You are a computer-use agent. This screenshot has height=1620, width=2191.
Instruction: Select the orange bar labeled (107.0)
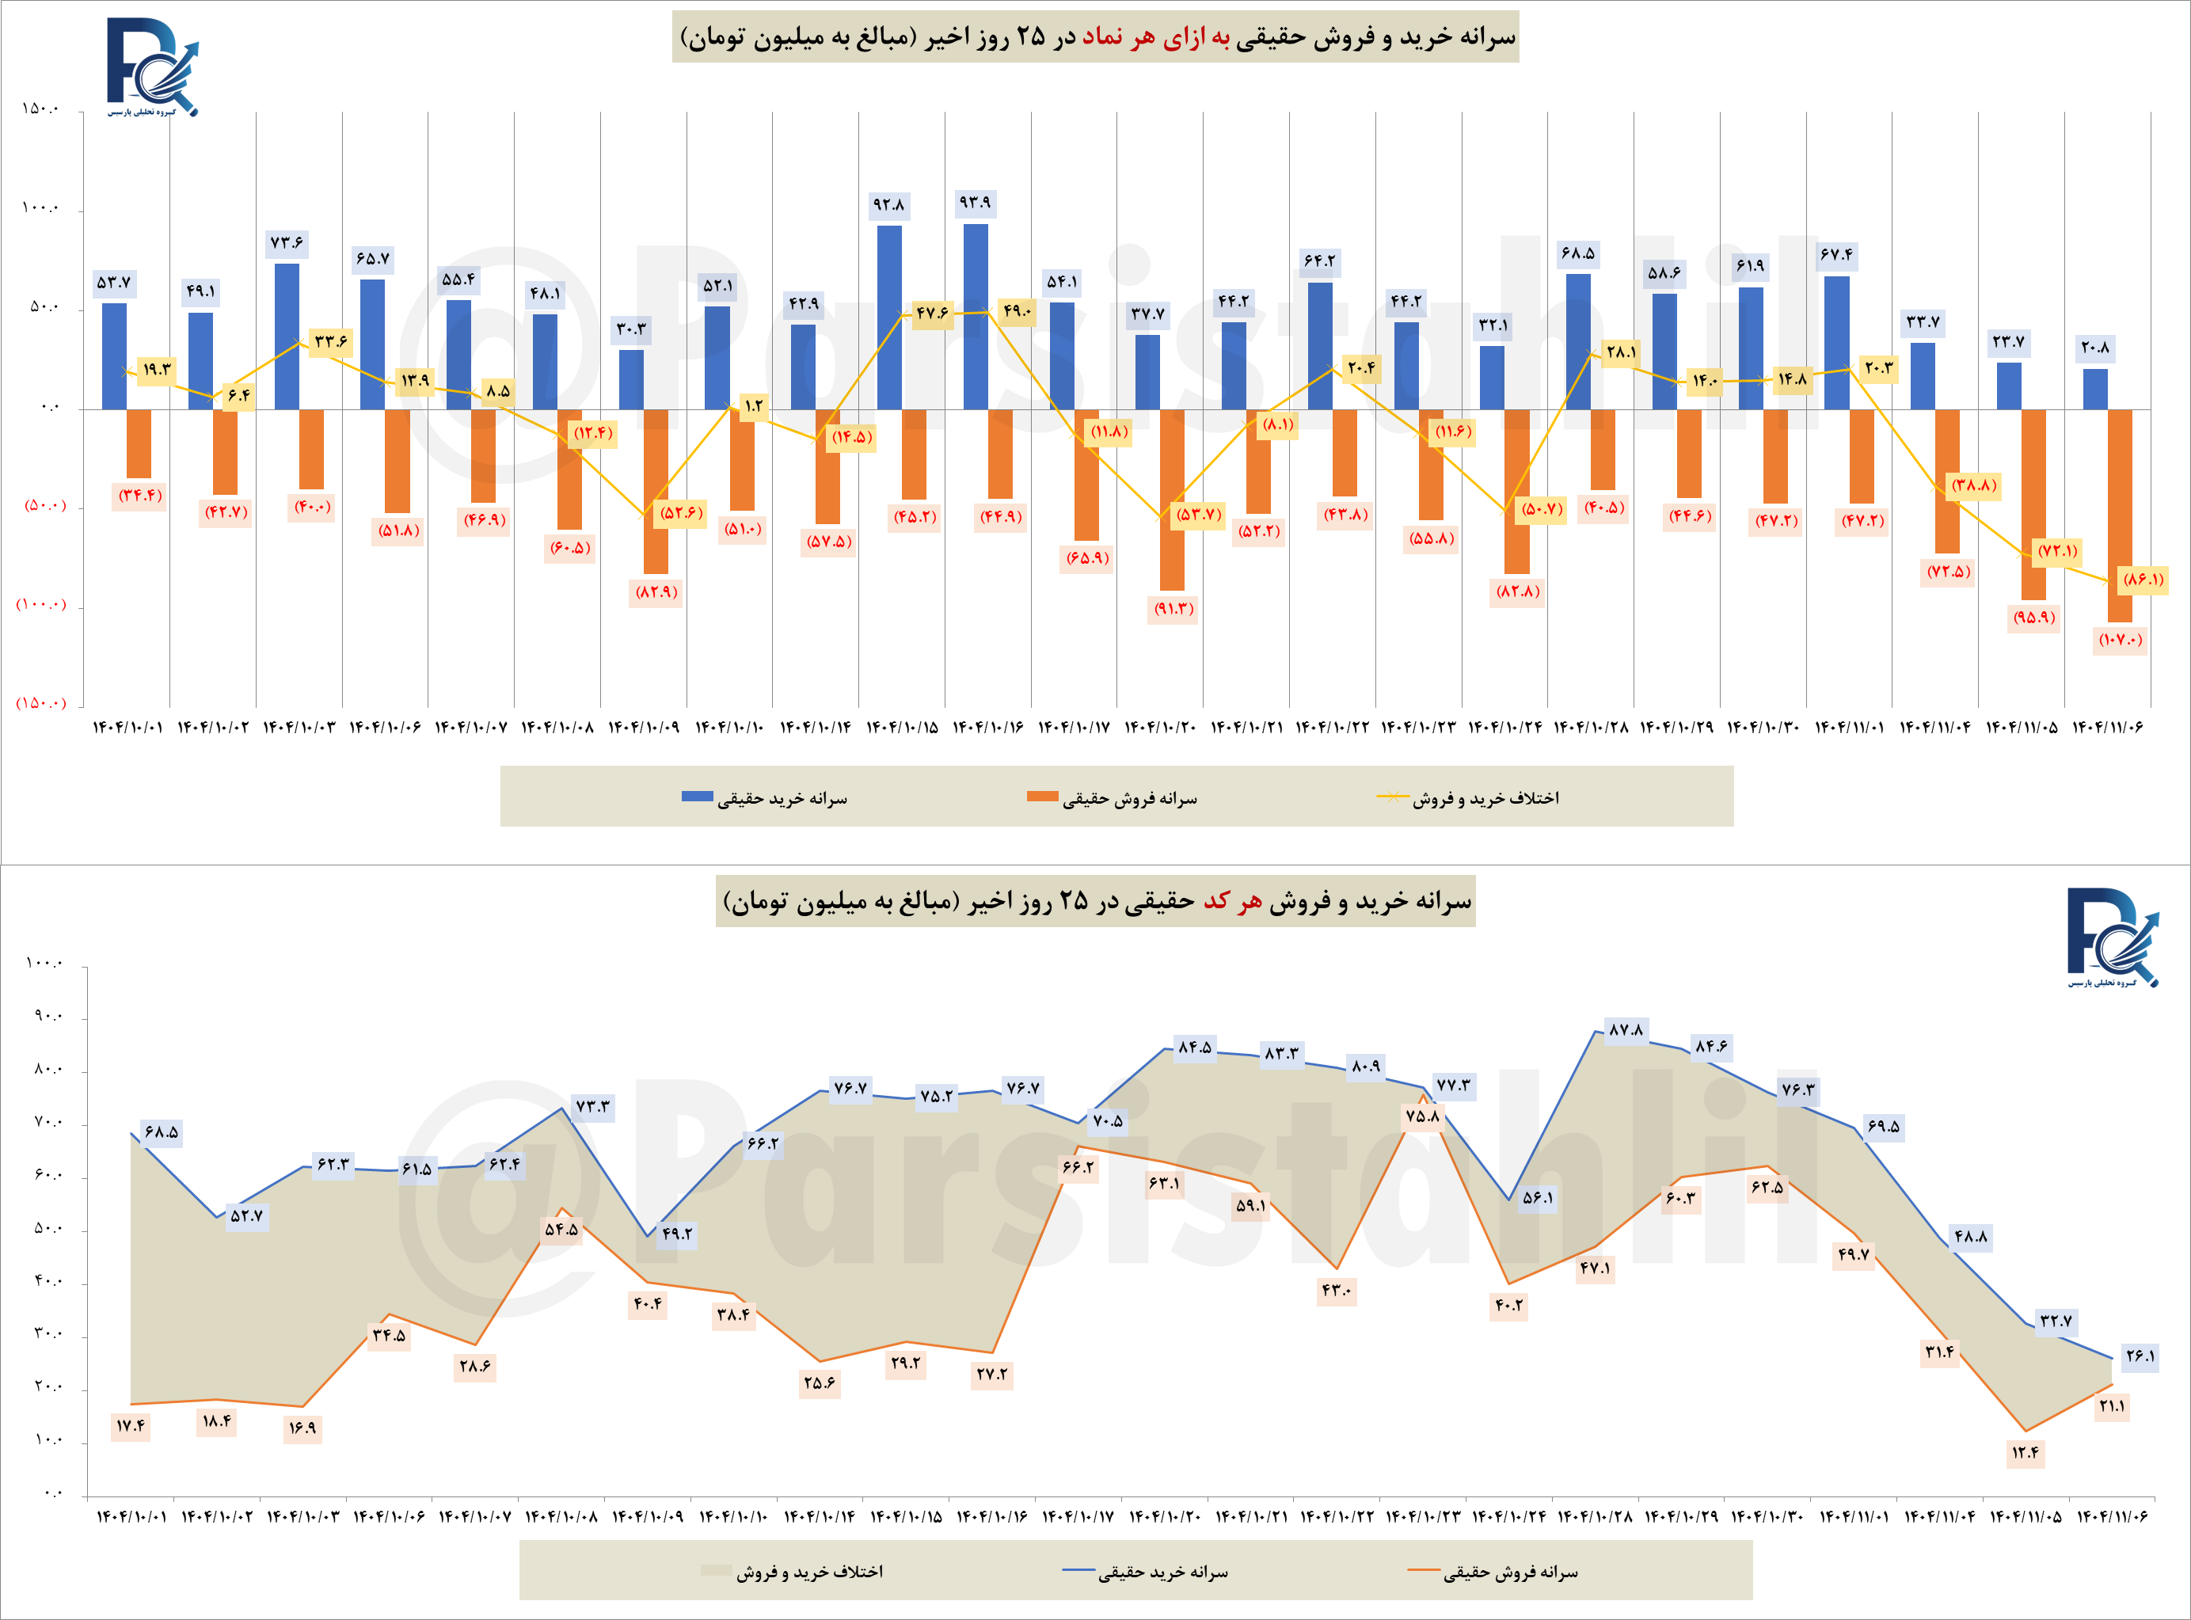point(2120,515)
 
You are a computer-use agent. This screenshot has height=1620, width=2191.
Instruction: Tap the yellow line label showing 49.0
point(1017,312)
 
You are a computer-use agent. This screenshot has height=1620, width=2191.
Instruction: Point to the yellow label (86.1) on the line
point(2142,580)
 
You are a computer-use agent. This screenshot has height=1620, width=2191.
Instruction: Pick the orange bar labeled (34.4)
point(139,443)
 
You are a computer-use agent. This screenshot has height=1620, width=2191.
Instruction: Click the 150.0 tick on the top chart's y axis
point(40,108)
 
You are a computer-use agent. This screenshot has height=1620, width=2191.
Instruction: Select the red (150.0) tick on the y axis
point(40,703)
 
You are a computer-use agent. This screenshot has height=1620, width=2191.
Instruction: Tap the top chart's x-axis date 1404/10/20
point(1160,728)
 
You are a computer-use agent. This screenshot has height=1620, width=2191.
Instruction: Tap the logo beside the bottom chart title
point(2113,937)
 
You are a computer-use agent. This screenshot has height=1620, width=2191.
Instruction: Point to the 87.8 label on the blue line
point(1625,1029)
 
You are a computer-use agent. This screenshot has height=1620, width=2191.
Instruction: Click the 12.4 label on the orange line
point(2026,1452)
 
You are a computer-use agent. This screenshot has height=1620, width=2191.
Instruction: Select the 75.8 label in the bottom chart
point(1422,1116)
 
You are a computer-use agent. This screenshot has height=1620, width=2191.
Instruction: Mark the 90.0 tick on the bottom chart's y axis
point(47,1017)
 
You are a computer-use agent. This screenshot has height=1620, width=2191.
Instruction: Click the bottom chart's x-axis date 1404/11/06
point(2112,1517)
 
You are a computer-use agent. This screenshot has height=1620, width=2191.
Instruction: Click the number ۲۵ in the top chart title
point(1031,37)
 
